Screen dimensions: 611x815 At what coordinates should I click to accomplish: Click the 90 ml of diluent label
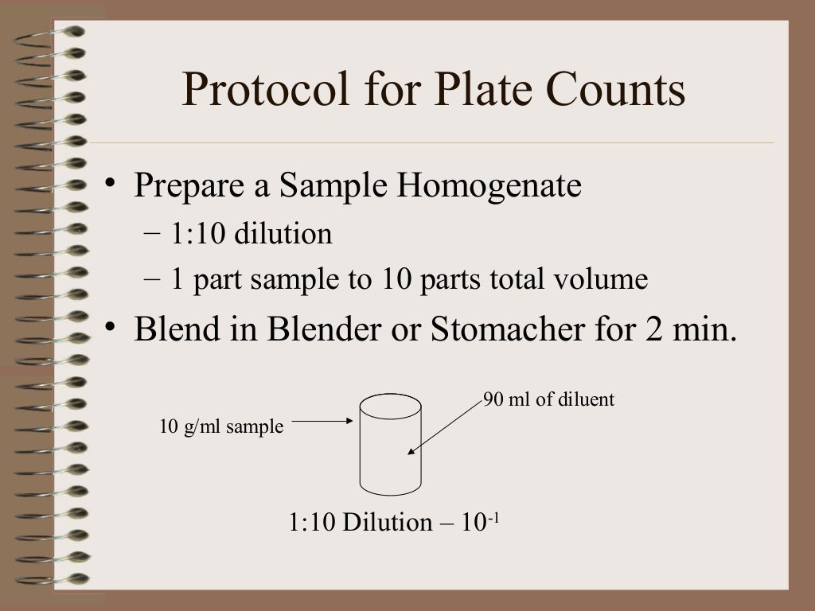549,399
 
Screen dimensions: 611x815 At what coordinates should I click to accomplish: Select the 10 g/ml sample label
222,426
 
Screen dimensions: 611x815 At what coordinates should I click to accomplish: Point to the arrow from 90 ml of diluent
446,426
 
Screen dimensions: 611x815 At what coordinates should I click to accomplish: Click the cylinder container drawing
390,446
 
